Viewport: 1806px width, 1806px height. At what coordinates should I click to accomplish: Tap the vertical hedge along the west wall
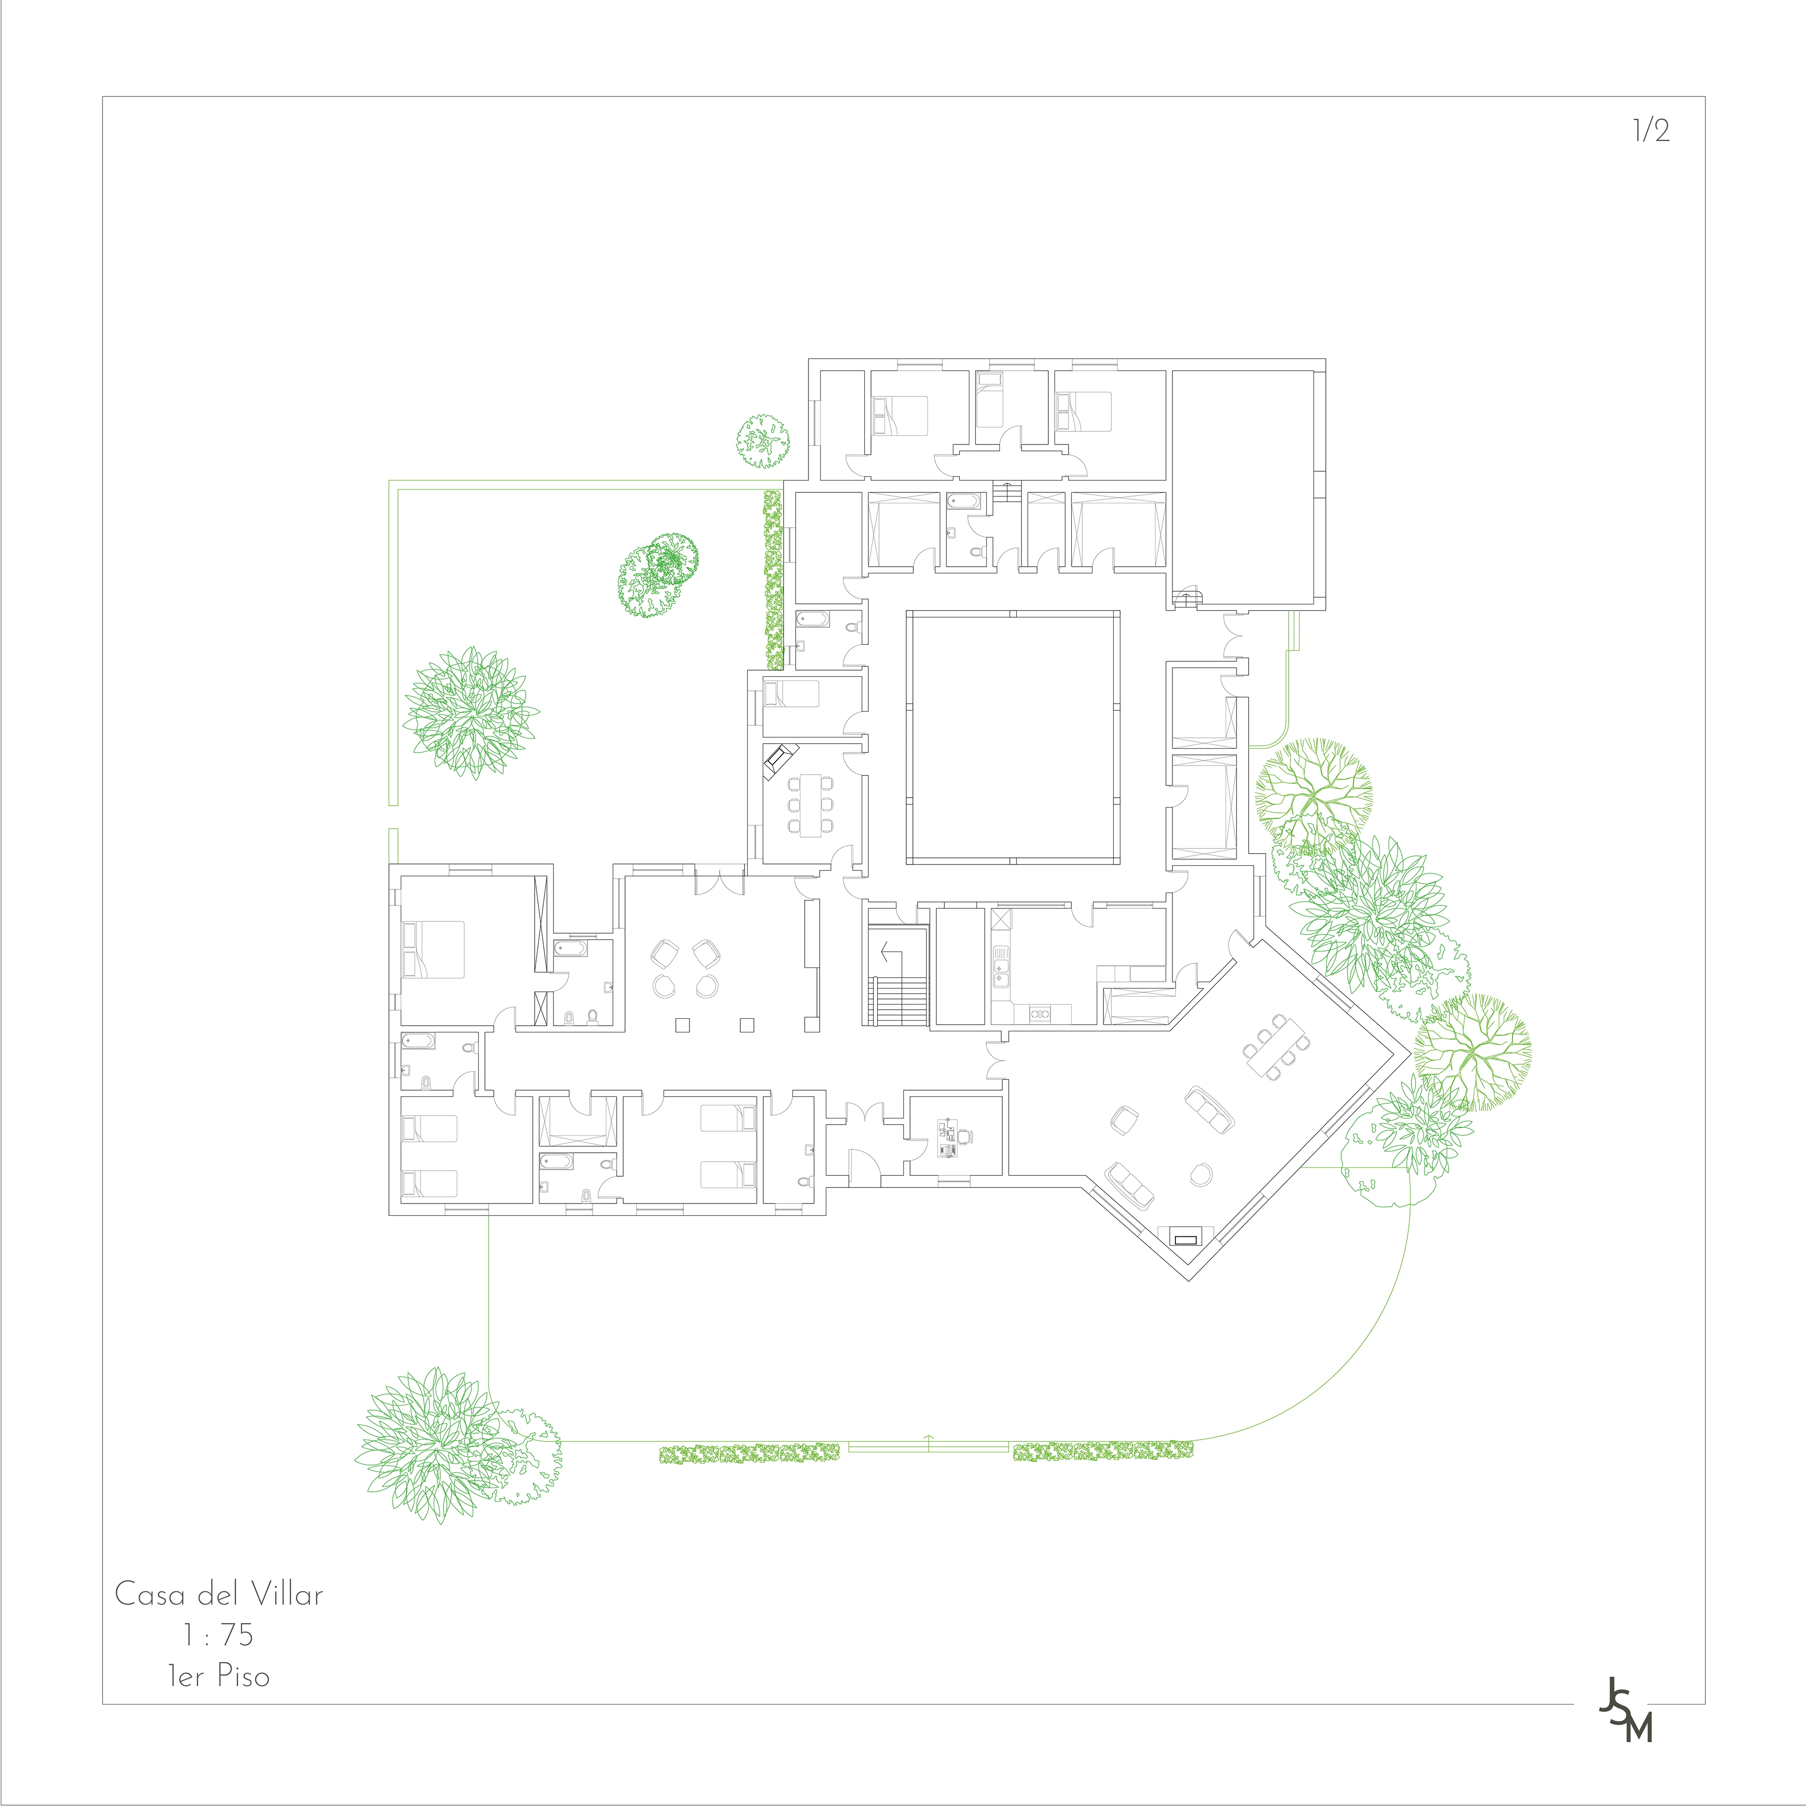[x=773, y=579]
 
